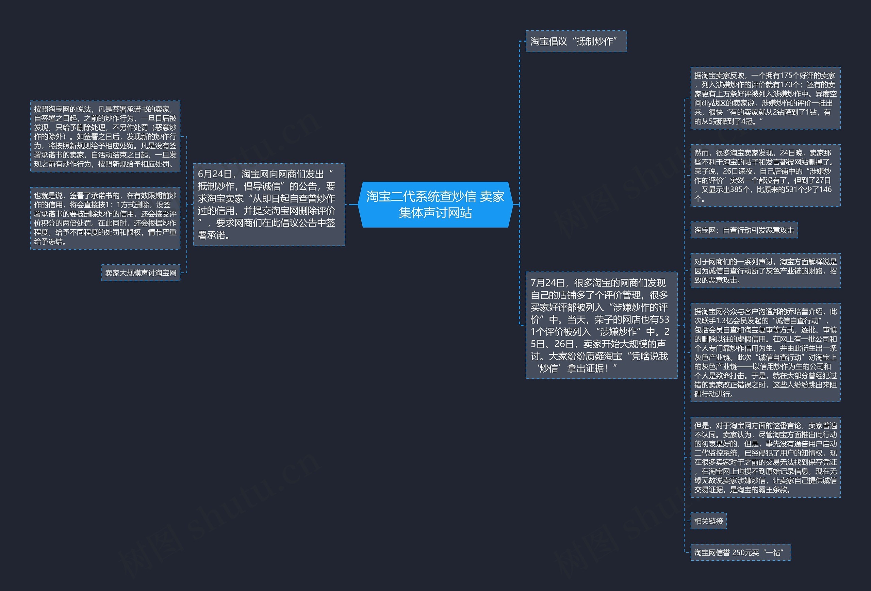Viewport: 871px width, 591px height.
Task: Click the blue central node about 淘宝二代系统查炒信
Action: point(435,204)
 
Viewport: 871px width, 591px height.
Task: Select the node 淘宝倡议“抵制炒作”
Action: point(576,41)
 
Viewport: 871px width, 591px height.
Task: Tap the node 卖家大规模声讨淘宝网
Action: point(141,273)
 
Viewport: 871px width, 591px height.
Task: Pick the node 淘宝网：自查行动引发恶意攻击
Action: point(744,230)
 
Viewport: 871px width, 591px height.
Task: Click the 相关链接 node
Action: point(708,521)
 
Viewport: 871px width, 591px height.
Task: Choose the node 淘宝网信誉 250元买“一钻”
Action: point(740,553)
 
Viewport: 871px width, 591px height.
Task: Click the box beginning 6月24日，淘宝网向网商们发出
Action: point(269,204)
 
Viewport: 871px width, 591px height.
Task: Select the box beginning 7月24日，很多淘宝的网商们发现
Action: point(601,325)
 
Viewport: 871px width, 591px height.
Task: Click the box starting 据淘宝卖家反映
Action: point(765,98)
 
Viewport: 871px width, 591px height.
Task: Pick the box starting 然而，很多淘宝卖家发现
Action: point(765,175)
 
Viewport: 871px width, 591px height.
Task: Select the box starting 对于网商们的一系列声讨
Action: point(765,270)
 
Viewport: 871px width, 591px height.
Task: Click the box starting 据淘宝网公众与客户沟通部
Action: point(765,352)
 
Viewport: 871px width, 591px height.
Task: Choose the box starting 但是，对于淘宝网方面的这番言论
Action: point(765,457)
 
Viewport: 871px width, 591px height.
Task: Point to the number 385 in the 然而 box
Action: point(734,190)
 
